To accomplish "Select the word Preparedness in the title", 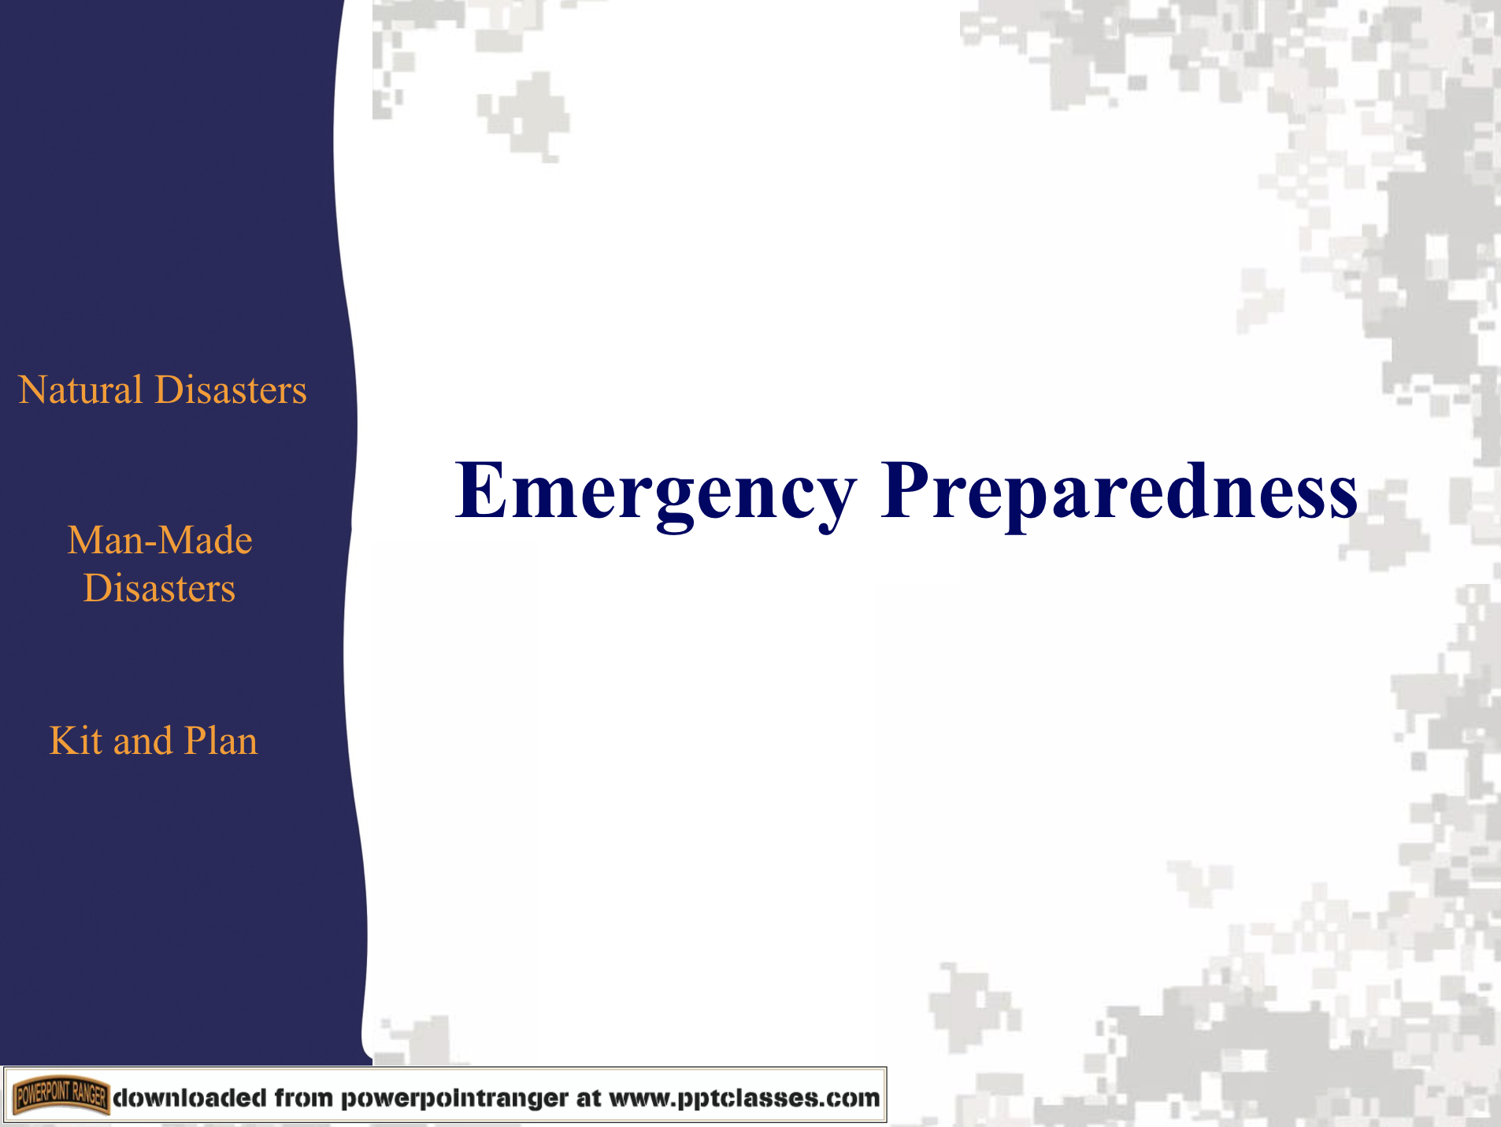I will tap(1118, 493).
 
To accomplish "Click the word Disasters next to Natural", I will tap(231, 390).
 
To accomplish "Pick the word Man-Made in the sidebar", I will tap(160, 541).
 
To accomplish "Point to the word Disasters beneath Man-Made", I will tap(160, 589).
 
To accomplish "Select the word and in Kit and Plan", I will tap(143, 741).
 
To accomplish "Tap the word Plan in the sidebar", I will tap(221, 741).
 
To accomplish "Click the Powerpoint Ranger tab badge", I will tap(61, 1095).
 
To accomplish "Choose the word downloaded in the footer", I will tap(190, 1098).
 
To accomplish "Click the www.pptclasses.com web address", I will tap(744, 1098).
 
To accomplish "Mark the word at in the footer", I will tap(588, 1098).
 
